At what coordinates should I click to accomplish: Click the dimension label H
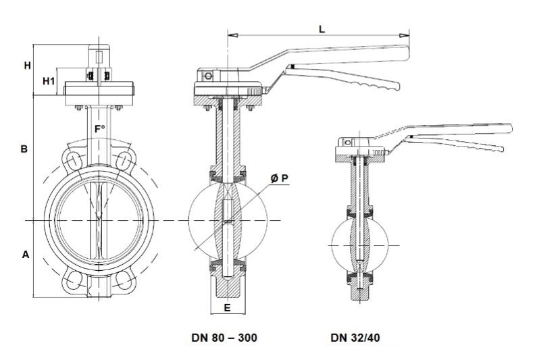tap(27, 66)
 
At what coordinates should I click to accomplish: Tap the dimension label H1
tap(49, 81)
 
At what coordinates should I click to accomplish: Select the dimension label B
tap(24, 149)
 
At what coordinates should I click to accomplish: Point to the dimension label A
tap(26, 255)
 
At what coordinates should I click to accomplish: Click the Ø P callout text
tap(280, 178)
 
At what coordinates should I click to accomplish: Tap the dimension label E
tap(228, 307)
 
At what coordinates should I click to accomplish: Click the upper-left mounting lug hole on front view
tap(72, 160)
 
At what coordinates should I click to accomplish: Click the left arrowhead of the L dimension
tap(231, 33)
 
